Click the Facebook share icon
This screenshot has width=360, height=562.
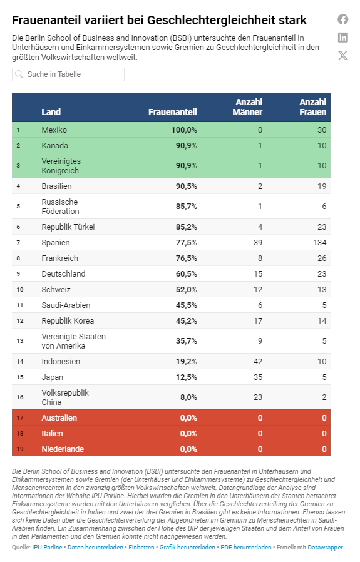coord(343,19)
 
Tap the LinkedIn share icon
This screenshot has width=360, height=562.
coord(343,38)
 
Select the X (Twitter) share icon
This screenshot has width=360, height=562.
coord(343,55)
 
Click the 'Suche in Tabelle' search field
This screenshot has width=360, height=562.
coord(68,74)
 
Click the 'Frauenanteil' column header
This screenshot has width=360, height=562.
coord(172,112)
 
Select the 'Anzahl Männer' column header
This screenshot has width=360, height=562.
coord(247,107)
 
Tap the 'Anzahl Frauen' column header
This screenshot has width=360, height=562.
coord(312,107)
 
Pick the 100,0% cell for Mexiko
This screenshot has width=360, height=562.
coord(184,130)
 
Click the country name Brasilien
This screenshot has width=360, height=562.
coord(56,186)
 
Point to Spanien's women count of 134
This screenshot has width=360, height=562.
coord(319,243)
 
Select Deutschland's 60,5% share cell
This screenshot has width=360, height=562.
coord(186,274)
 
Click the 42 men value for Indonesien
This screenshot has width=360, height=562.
coord(258,361)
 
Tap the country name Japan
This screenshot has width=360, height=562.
coord(53,377)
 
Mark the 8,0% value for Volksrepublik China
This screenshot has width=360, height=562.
coord(188,397)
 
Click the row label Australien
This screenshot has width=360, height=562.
coord(59,418)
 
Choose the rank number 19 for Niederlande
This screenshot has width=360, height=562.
coord(20,449)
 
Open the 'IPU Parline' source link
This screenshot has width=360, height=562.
coord(47,548)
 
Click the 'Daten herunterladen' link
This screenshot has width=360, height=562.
coord(95,548)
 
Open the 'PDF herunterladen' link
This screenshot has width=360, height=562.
coord(245,548)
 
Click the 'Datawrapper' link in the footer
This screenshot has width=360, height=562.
coord(325,548)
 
